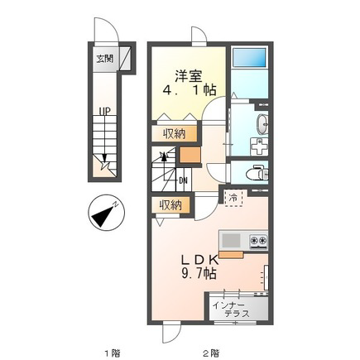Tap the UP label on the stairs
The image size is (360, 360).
pos(105,112)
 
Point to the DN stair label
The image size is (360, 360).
pos(183,180)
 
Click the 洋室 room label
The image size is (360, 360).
pos(189,76)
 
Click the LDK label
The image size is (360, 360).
pos(199,259)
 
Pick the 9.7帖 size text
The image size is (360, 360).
pos(199,273)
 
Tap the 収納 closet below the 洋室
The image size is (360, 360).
pos(174,134)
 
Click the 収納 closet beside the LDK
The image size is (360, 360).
pos(170,205)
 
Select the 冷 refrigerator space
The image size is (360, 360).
pos(233,198)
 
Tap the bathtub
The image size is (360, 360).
pos(249,59)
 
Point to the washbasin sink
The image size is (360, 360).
pos(262,124)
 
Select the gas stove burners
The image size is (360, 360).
pos(258,240)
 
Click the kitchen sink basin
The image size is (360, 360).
pos(231,240)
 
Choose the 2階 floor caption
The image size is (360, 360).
pos(213,353)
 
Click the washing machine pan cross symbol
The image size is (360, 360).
pos(259,146)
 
